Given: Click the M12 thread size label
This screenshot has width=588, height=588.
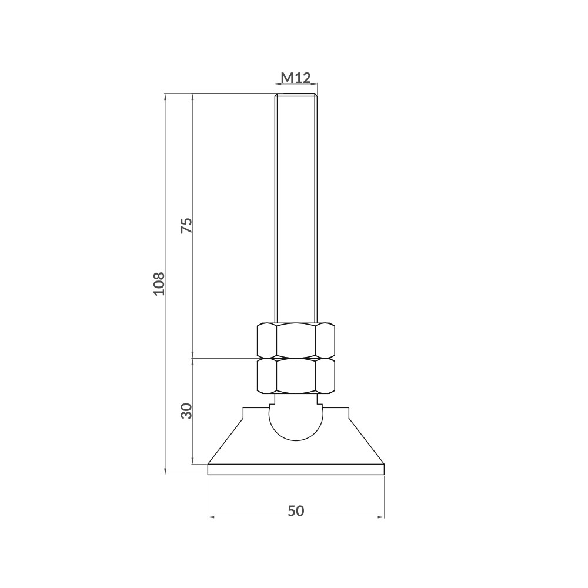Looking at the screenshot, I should click(x=296, y=78).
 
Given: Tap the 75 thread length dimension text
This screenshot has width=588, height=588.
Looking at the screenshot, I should click(x=186, y=226).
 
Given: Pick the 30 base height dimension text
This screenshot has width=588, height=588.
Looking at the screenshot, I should click(x=186, y=410).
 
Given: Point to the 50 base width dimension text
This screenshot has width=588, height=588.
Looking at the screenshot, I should click(x=296, y=510).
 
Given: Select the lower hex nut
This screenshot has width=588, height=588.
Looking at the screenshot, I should click(x=296, y=376).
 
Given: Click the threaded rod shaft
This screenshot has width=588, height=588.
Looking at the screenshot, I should click(x=296, y=206).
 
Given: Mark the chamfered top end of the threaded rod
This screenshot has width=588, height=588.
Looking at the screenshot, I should click(x=296, y=95).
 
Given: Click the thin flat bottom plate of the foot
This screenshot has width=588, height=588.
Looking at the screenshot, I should click(x=296, y=469).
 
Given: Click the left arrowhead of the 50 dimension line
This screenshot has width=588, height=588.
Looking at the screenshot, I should click(x=212, y=517).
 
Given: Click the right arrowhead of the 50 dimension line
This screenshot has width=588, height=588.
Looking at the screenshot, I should click(x=381, y=517).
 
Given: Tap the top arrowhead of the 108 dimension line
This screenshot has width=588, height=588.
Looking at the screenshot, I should click(x=165, y=96).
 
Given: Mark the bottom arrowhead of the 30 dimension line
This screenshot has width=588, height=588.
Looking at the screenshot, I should click(x=193, y=460).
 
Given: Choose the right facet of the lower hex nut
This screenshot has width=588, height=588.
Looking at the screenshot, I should click(x=325, y=376).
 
